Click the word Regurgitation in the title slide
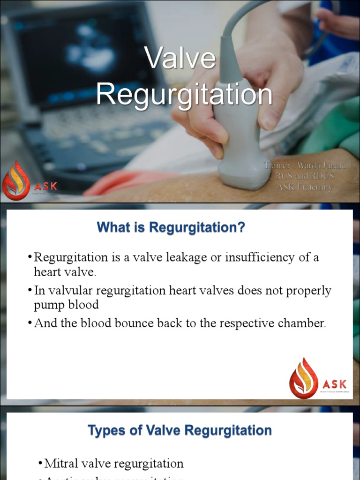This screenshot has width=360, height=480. click(x=184, y=94)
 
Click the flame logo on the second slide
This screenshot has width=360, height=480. click(x=303, y=378)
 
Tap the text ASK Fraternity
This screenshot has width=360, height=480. click(x=305, y=187)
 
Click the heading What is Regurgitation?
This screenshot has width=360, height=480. click(x=171, y=228)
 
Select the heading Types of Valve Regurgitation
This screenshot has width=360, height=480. click(x=180, y=430)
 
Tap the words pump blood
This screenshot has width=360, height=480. click(x=66, y=305)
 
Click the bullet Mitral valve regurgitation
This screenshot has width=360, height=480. click(x=113, y=464)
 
